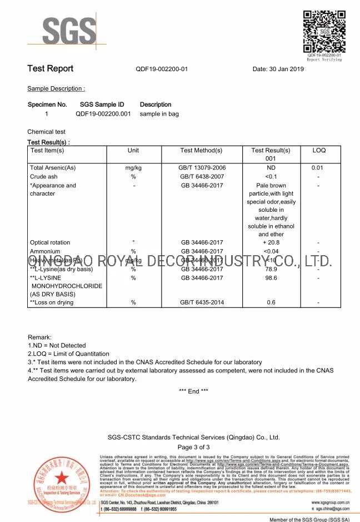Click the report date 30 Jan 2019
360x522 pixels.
(x=278, y=69)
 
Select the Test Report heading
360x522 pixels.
(x=51, y=68)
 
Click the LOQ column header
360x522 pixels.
(x=319, y=151)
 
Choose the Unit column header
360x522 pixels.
(x=133, y=151)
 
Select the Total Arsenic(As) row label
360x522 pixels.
(x=53, y=167)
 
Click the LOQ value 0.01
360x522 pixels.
(x=317, y=167)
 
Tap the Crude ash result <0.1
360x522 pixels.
(x=271, y=176)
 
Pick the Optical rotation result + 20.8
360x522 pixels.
(x=271, y=242)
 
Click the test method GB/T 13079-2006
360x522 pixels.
(x=202, y=167)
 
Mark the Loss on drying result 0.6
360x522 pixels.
(x=271, y=302)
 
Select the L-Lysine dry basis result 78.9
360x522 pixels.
(x=271, y=269)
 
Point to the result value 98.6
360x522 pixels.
(x=271, y=278)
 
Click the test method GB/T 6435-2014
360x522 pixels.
(x=202, y=302)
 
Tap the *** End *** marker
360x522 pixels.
(x=193, y=391)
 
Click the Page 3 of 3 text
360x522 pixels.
(x=193, y=447)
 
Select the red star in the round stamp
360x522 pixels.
(x=59, y=479)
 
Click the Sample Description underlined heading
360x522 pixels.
(x=56, y=89)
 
